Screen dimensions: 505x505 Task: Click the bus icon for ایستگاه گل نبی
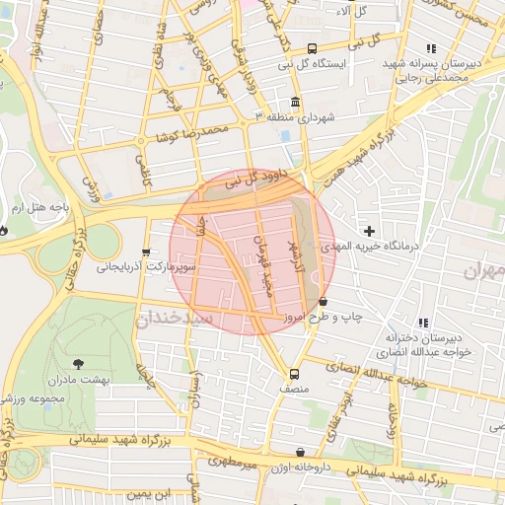[x=313, y=48]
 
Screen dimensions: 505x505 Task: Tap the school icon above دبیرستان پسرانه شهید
[x=430, y=48]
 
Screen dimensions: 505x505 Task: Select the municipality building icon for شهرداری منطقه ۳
[x=295, y=103]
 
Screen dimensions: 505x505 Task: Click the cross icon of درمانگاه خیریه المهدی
[x=369, y=230]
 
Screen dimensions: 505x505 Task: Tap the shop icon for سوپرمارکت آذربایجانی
[x=147, y=252]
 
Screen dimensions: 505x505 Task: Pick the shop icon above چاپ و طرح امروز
[x=323, y=302]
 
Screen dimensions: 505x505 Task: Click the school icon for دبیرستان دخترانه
[x=422, y=323]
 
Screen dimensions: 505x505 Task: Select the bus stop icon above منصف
[x=294, y=374]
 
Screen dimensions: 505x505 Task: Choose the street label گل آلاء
[x=351, y=11]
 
